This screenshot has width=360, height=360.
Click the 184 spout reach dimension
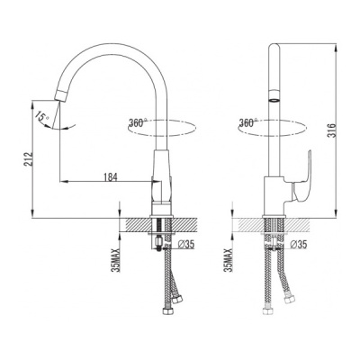tap(111, 176)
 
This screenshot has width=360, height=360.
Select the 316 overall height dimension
tap(331, 130)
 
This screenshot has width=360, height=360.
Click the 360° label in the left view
tap(138, 122)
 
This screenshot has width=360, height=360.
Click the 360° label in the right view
tap(248, 122)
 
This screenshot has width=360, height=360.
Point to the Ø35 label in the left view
tap(186, 245)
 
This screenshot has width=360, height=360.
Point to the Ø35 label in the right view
tap(299, 245)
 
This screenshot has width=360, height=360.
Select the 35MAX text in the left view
tap(115, 260)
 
